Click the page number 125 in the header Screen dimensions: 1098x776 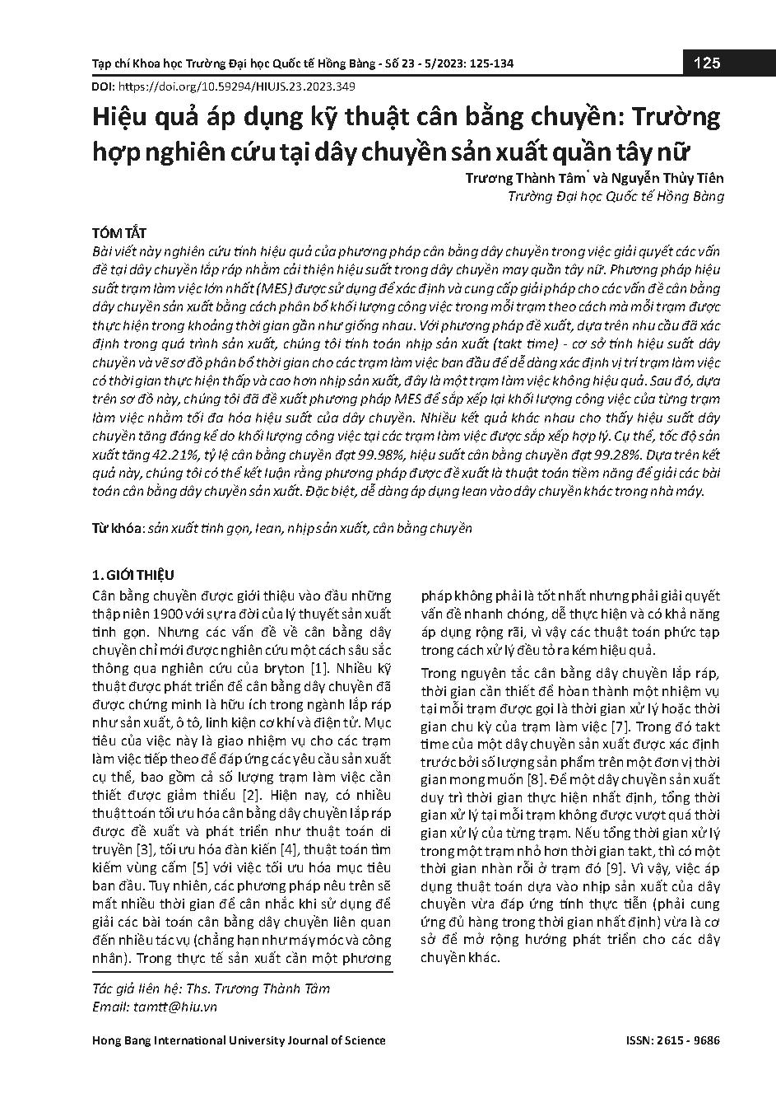coord(707,63)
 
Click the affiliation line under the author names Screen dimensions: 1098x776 coord(616,196)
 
